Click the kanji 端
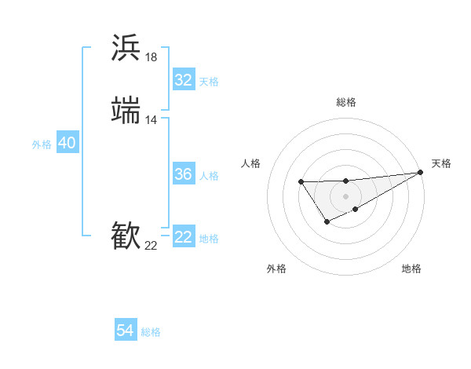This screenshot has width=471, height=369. click(x=126, y=110)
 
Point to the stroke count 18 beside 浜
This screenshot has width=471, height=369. click(x=152, y=57)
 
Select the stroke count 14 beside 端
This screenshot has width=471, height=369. click(x=152, y=120)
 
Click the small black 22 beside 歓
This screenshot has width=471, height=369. click(x=152, y=246)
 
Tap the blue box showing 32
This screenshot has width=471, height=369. click(x=183, y=80)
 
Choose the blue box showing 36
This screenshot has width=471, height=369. click(x=183, y=174)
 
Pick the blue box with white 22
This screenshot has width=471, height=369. click(x=183, y=237)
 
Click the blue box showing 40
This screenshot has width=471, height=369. click(x=67, y=143)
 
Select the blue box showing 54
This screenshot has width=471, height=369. click(x=126, y=331)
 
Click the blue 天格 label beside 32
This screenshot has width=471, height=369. click(x=209, y=82)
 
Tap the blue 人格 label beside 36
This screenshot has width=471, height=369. click(x=209, y=176)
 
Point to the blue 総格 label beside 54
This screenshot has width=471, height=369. click(x=151, y=333)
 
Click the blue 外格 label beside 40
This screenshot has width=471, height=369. click(x=42, y=144)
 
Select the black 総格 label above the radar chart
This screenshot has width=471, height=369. click(x=345, y=102)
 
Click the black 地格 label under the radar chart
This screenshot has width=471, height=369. click(x=411, y=269)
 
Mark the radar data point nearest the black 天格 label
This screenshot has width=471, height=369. click(x=420, y=173)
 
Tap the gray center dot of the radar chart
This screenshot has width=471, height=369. click(x=345, y=196)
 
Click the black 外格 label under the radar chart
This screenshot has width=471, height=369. click(x=276, y=269)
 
